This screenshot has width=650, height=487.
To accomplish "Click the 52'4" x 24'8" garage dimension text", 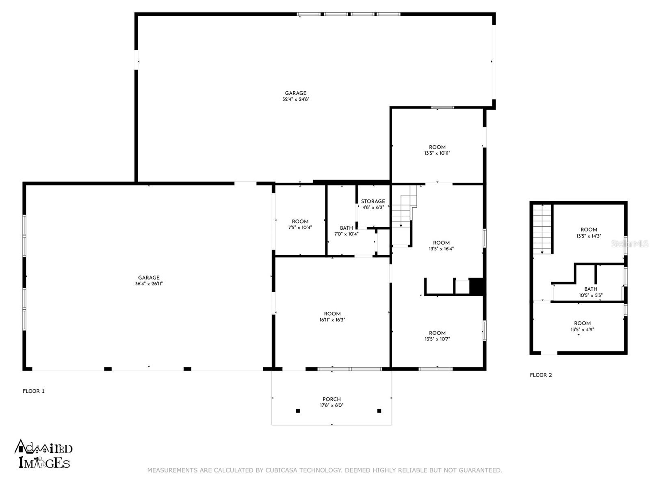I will pos(296,99).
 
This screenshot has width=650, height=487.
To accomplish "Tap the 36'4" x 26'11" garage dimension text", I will pos(149,284).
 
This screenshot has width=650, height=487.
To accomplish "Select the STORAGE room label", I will pos(373,201).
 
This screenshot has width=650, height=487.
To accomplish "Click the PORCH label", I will pos(331,399).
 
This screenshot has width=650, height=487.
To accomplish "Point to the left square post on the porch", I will pos(298,411).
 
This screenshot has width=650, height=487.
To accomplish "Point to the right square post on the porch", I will pos(379,411).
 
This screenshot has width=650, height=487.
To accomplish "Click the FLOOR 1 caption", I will pos(34,391).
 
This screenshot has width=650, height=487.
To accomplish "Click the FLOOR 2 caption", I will pos(541,375).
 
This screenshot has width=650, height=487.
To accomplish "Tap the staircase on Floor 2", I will pos(542,229).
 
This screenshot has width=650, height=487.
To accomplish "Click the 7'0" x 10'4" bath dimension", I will pos(346,234).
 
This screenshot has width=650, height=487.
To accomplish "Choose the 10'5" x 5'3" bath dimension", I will pos(591,295).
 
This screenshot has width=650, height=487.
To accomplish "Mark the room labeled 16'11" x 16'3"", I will pos(332,320).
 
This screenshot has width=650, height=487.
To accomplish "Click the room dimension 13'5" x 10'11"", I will pos(437,153).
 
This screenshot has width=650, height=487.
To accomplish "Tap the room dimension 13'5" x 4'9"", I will pos(583,330).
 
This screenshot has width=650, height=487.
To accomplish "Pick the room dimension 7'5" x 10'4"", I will pos(300,228).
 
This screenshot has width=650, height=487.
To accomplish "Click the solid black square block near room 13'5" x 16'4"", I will pos(476,287).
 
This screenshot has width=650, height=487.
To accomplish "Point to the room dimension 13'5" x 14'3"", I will pos(589,236).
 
